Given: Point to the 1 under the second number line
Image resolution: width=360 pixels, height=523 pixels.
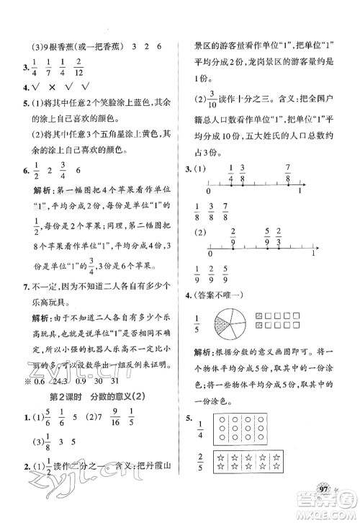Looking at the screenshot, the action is [313, 254].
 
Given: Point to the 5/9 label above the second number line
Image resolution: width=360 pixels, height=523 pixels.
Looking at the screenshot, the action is [267, 234].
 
